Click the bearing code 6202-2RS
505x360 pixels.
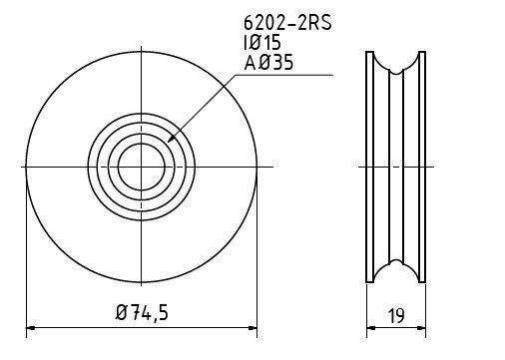pyautogui.click(x=287, y=23)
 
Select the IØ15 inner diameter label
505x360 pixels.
pyautogui.click(x=262, y=43)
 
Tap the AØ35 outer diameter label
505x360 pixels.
pyautogui.click(x=268, y=63)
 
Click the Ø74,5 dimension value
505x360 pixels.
pyautogui.click(x=142, y=313)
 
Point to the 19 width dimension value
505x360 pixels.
pyautogui.click(x=396, y=315)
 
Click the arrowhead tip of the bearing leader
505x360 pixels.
pyautogui.click(x=168, y=143)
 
